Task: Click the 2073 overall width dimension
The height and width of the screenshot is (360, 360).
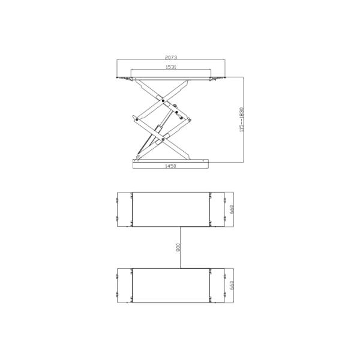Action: pos(170,58)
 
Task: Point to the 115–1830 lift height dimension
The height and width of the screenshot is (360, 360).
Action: pos(241,120)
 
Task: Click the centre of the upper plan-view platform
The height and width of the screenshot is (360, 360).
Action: pos(171,209)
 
